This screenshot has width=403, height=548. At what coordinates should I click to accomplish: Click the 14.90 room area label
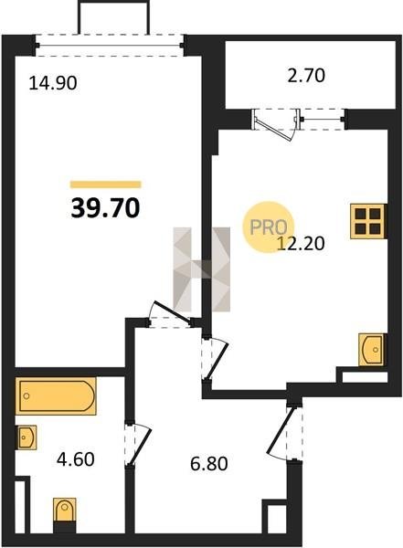tap(53, 83)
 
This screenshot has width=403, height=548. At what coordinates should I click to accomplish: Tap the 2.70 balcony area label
tap(306, 76)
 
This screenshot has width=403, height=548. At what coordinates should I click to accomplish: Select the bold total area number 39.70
tap(105, 208)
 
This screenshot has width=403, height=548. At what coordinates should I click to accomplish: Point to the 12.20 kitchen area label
tap(301, 243)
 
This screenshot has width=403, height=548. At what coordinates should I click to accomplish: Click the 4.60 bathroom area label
tap(76, 459)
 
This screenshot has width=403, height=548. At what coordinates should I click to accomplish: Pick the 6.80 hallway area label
tap(209, 464)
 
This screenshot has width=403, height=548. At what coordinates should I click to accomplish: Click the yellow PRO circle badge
tap(269, 227)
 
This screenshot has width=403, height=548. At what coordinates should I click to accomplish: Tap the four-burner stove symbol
tap(368, 222)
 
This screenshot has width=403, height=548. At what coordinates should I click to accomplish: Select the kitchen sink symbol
tap(373, 350)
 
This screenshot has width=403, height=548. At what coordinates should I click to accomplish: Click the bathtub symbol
tap(56, 396)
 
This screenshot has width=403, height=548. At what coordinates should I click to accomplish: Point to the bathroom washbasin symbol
tap(27, 437)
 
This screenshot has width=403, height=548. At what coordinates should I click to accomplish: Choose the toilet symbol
tap(64, 514)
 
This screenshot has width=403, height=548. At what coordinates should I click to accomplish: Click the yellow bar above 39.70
tap(106, 184)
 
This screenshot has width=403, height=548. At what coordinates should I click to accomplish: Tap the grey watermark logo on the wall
tap(202, 269)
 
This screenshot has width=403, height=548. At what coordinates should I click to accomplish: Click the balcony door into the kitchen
tap(276, 124)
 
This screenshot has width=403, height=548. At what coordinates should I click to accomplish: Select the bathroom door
tap(138, 444)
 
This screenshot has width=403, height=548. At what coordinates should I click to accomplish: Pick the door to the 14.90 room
tap(170, 314)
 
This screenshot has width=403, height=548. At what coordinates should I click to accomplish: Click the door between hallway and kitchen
tap(215, 359)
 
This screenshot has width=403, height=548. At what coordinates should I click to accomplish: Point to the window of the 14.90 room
tap(109, 45)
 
